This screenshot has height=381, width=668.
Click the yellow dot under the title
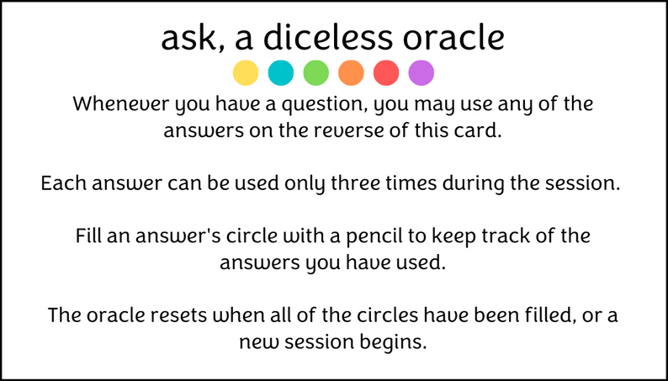pyautogui.click(x=246, y=73)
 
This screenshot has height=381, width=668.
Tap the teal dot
pyautogui.click(x=281, y=73)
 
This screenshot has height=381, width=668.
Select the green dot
pyautogui.click(x=315, y=73)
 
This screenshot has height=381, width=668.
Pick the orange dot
pyautogui.click(x=351, y=73)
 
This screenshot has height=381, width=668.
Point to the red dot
pyautogui.click(x=385, y=73)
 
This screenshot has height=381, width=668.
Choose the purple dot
pyautogui.click(x=421, y=73)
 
